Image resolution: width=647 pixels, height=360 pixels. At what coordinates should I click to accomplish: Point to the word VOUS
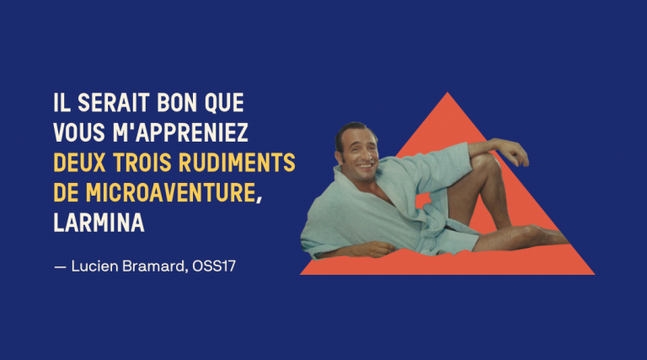(x=79, y=132)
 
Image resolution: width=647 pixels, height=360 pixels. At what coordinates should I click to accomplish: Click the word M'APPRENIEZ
(x=180, y=132)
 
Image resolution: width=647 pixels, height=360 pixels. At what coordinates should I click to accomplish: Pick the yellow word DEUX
(x=79, y=163)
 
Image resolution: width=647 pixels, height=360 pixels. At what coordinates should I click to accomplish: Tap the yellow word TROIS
(x=142, y=163)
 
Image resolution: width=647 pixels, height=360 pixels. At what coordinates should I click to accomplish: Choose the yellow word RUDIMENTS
(x=237, y=163)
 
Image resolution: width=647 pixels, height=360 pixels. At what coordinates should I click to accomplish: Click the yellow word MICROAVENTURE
(x=171, y=193)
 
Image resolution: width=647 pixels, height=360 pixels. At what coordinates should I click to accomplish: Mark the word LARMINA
(x=99, y=223)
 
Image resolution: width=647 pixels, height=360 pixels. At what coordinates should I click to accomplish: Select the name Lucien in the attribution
(x=95, y=266)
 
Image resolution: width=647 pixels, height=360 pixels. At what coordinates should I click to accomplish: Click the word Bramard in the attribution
(x=153, y=266)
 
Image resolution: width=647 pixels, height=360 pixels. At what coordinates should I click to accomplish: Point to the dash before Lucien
(x=61, y=267)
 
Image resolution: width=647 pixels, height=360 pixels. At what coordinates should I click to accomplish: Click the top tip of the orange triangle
(x=447, y=93)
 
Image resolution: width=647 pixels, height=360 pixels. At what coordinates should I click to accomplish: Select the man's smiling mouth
(x=365, y=166)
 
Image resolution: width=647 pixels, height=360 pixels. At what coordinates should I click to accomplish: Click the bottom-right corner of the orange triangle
(x=594, y=274)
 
